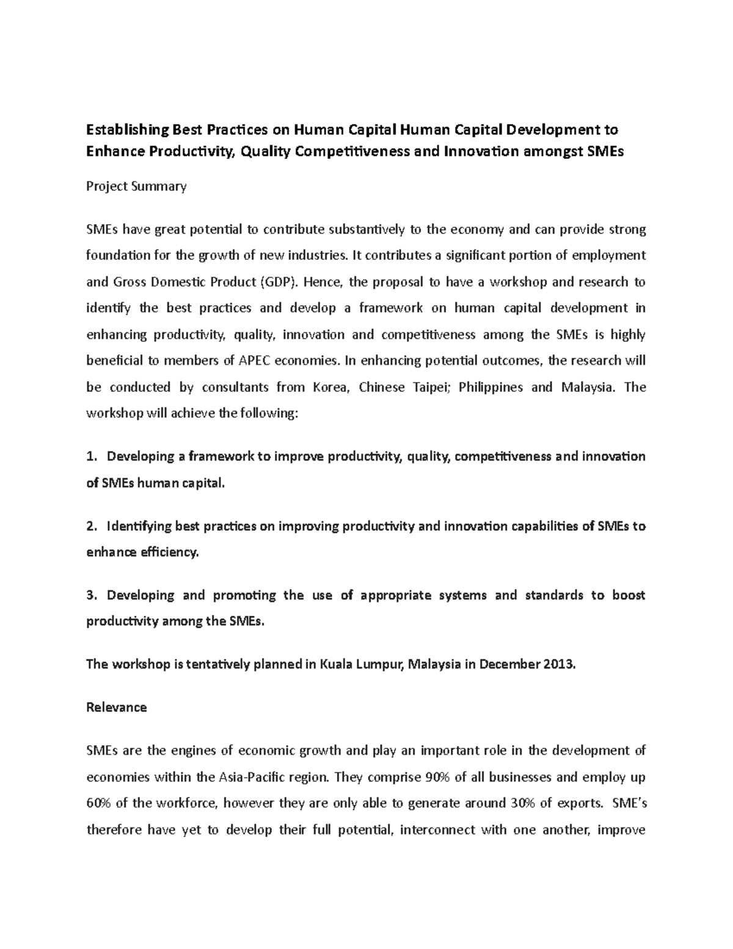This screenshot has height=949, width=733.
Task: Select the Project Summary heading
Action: (x=136, y=186)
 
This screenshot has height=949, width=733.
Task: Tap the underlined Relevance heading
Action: (x=117, y=708)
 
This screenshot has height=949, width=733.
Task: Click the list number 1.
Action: (x=92, y=457)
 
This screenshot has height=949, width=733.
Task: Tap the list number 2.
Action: (x=92, y=527)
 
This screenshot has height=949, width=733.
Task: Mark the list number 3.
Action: (x=92, y=596)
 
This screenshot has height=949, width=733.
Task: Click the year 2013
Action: (x=558, y=665)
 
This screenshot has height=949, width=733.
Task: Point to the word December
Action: (x=509, y=665)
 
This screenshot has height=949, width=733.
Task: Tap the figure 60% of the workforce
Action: (x=98, y=804)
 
